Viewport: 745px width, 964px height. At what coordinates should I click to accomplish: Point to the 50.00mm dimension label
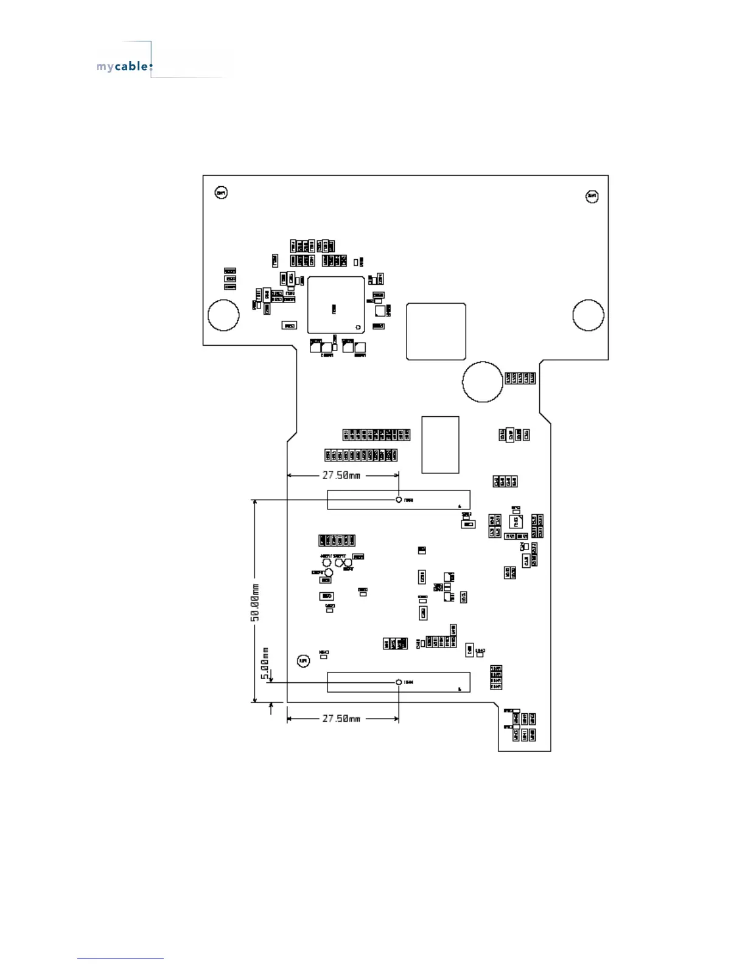pyautogui.click(x=256, y=602)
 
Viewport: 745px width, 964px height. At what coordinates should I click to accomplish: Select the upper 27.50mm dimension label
pyautogui.click(x=341, y=475)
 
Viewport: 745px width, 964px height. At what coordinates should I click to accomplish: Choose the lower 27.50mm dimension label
pyautogui.click(x=341, y=719)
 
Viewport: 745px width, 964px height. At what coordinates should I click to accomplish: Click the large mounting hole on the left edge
pyautogui.click(x=223, y=315)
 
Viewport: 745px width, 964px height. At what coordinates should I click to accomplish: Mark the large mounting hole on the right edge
pyautogui.click(x=589, y=315)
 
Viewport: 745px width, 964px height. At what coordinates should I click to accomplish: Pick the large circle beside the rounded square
pyautogui.click(x=483, y=382)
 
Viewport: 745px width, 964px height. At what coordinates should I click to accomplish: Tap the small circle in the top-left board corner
pyautogui.click(x=222, y=193)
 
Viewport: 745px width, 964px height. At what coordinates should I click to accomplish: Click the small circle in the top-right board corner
pyautogui.click(x=592, y=196)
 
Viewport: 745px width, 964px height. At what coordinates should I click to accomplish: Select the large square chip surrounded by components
pyautogui.click(x=336, y=305)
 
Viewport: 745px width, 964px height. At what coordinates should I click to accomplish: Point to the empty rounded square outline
pyautogui.click(x=436, y=331)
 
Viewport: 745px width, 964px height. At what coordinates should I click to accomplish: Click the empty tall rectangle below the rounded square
pyautogui.click(x=441, y=444)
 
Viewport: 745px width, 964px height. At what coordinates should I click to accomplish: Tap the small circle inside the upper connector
pyautogui.click(x=399, y=500)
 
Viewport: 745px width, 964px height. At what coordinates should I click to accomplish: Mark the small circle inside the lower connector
pyautogui.click(x=399, y=682)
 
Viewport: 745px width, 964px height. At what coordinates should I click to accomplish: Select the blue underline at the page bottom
pyautogui.click(x=121, y=959)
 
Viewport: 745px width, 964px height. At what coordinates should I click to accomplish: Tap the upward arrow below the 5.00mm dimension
pyautogui.click(x=271, y=707)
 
